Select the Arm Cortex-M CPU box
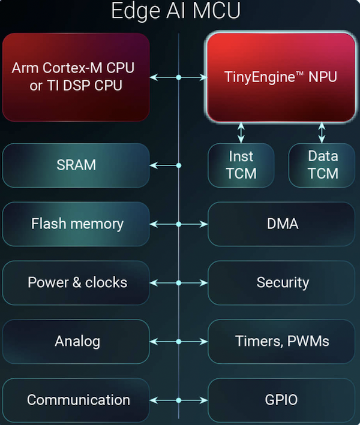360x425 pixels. [76, 77]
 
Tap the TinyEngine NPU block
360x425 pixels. [281, 77]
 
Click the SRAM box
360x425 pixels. [76, 165]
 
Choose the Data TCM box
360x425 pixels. [323, 165]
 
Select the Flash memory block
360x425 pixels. [76, 224]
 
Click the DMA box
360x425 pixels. [281, 224]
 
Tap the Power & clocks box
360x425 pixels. [76, 282]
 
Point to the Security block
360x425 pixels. [281, 282]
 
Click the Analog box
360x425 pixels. [76, 341]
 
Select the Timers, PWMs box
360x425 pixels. [281, 341]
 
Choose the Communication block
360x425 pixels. [76, 399]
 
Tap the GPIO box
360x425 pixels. [281, 399]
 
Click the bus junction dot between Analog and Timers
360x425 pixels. [179, 341]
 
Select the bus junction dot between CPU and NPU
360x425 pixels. [179, 77]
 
